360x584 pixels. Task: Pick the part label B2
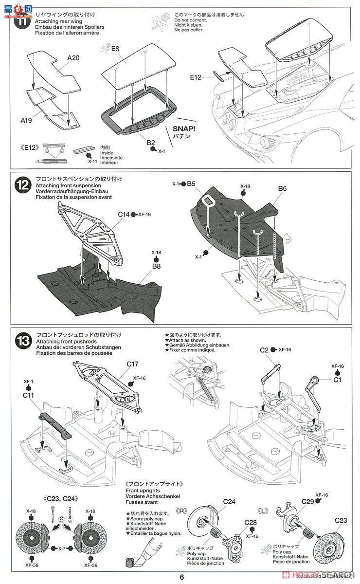(x=151, y=143)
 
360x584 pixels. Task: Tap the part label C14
(x=124, y=214)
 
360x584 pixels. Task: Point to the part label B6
(x=283, y=188)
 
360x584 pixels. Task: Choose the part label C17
(x=133, y=364)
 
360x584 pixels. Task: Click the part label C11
(x=28, y=396)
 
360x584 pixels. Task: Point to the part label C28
(x=251, y=522)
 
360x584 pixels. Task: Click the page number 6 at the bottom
(x=181, y=578)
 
